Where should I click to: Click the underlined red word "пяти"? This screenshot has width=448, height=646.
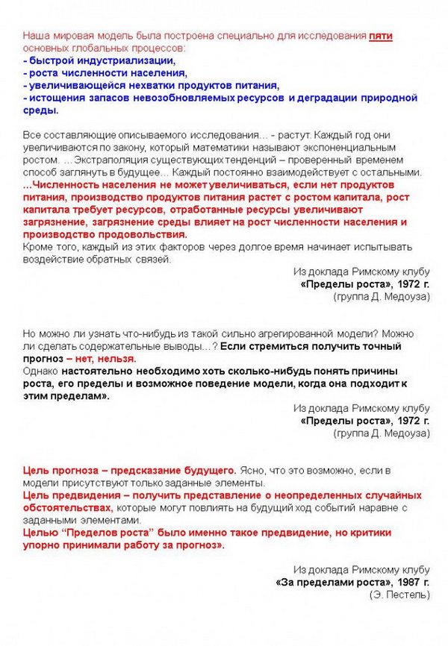pos(381,36)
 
